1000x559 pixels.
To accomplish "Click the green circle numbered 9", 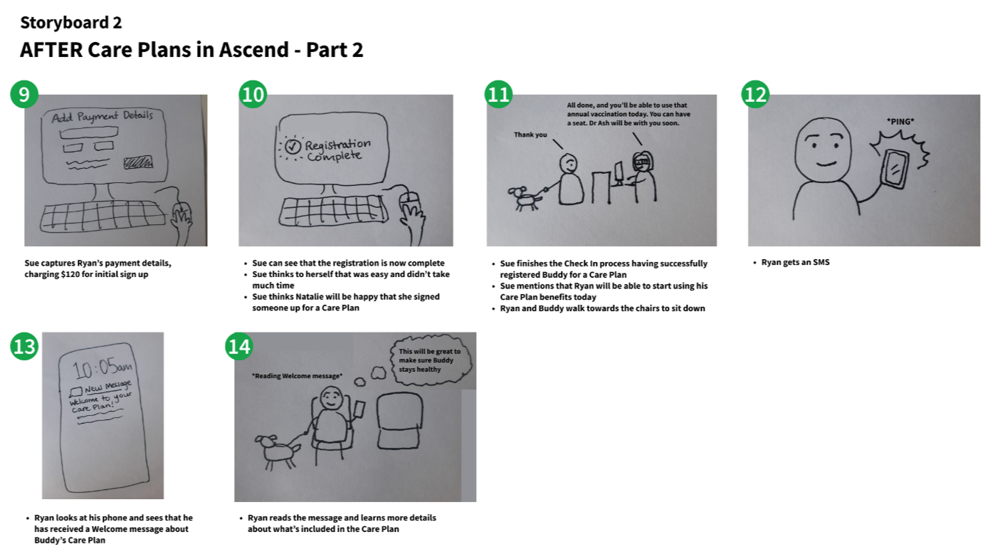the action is tap(24, 94).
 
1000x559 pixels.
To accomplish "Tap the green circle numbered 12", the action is tap(755, 94).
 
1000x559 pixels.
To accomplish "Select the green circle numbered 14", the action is tap(239, 347).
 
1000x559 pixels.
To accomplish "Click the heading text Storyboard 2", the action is tap(71, 22).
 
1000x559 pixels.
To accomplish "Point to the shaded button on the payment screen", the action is tap(138, 162).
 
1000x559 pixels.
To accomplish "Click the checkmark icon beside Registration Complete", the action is tap(293, 146).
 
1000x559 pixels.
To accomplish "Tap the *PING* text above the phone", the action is tap(900, 121).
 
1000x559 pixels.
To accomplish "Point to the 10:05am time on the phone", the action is tap(102, 368).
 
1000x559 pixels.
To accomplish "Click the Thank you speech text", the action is tap(530, 135).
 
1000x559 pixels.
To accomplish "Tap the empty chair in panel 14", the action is tap(399, 421).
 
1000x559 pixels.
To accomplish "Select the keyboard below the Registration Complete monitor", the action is tap(333, 211).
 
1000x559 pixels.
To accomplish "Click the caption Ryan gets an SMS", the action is tap(795, 262).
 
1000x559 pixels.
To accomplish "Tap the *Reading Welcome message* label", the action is tap(298, 376).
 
